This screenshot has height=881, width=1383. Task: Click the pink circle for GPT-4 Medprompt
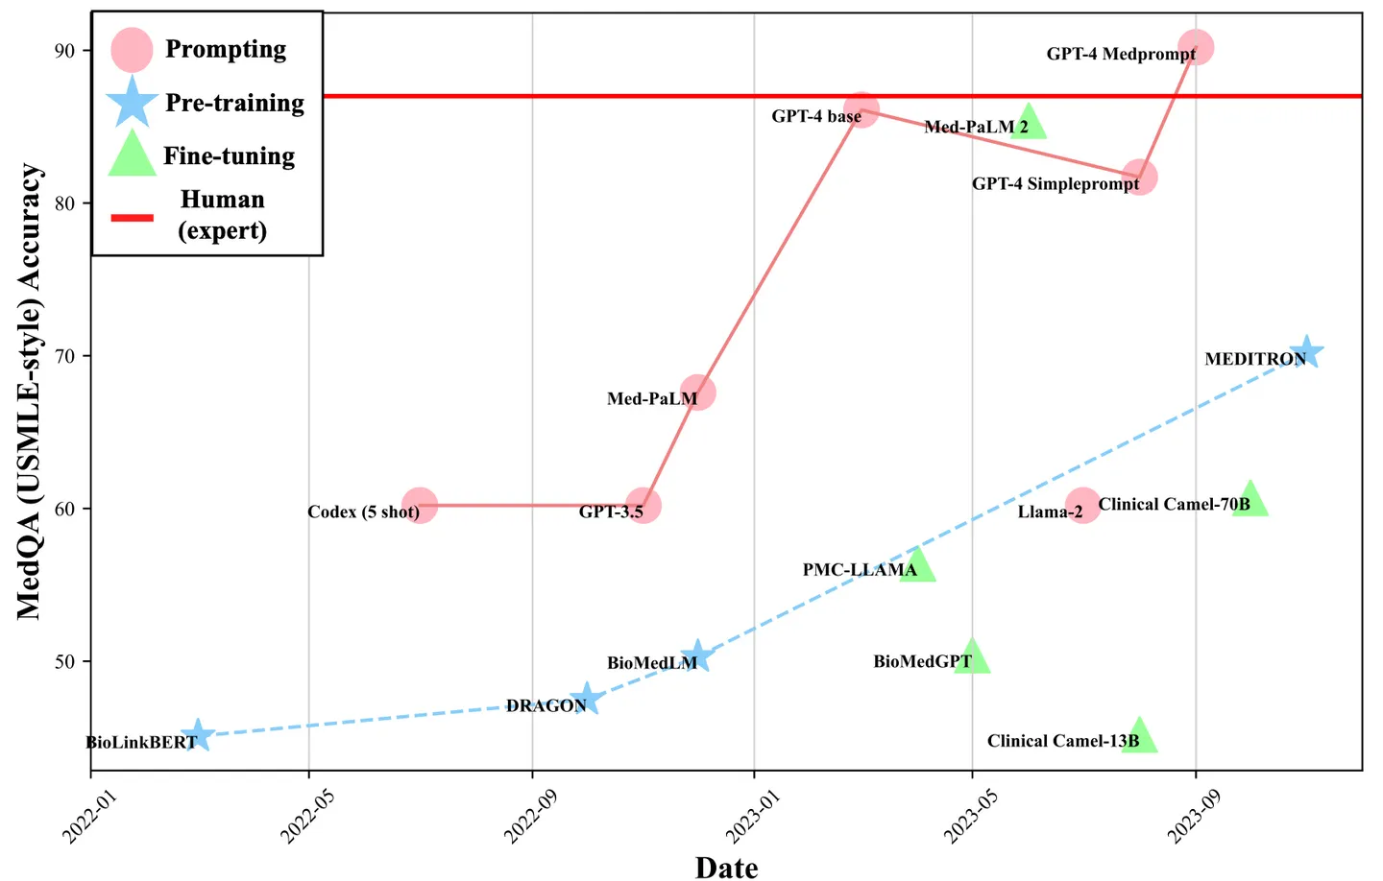click(x=1195, y=47)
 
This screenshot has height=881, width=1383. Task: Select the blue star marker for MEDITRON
click(x=1305, y=352)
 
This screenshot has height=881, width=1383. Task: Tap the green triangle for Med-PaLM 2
click(x=1028, y=123)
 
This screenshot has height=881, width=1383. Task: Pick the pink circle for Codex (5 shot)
click(x=420, y=505)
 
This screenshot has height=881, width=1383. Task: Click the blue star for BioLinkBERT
click(x=197, y=736)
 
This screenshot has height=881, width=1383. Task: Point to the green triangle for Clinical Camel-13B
click(x=1138, y=736)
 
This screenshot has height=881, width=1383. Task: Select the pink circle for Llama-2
click(x=1082, y=505)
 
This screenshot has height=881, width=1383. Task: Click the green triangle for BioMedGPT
click(x=972, y=657)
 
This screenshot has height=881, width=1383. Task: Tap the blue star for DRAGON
click(x=586, y=700)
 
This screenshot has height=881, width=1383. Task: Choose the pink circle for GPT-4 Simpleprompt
click(x=1139, y=178)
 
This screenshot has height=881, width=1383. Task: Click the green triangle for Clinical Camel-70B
click(x=1250, y=500)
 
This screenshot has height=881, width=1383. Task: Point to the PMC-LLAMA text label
click(x=860, y=570)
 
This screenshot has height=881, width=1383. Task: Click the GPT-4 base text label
click(x=816, y=116)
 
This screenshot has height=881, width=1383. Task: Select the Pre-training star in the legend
click(x=132, y=103)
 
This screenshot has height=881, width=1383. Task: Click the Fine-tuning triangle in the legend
click(x=132, y=155)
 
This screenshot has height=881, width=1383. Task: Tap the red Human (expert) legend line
click(x=132, y=218)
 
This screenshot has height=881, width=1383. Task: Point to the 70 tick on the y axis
click(x=64, y=356)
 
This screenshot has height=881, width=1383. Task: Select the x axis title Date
click(x=726, y=867)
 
